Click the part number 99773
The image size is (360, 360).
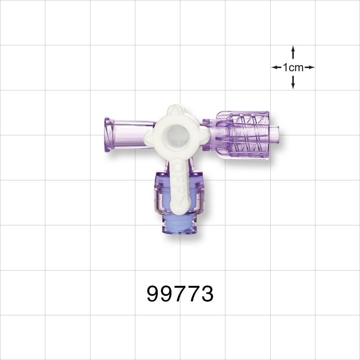pos(180,294)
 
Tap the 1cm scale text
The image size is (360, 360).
pos(293,67)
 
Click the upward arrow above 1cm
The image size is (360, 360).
pos(293,52)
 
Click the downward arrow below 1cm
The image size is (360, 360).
pos(293,82)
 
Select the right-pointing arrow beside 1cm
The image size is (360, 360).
pos(309,67)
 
